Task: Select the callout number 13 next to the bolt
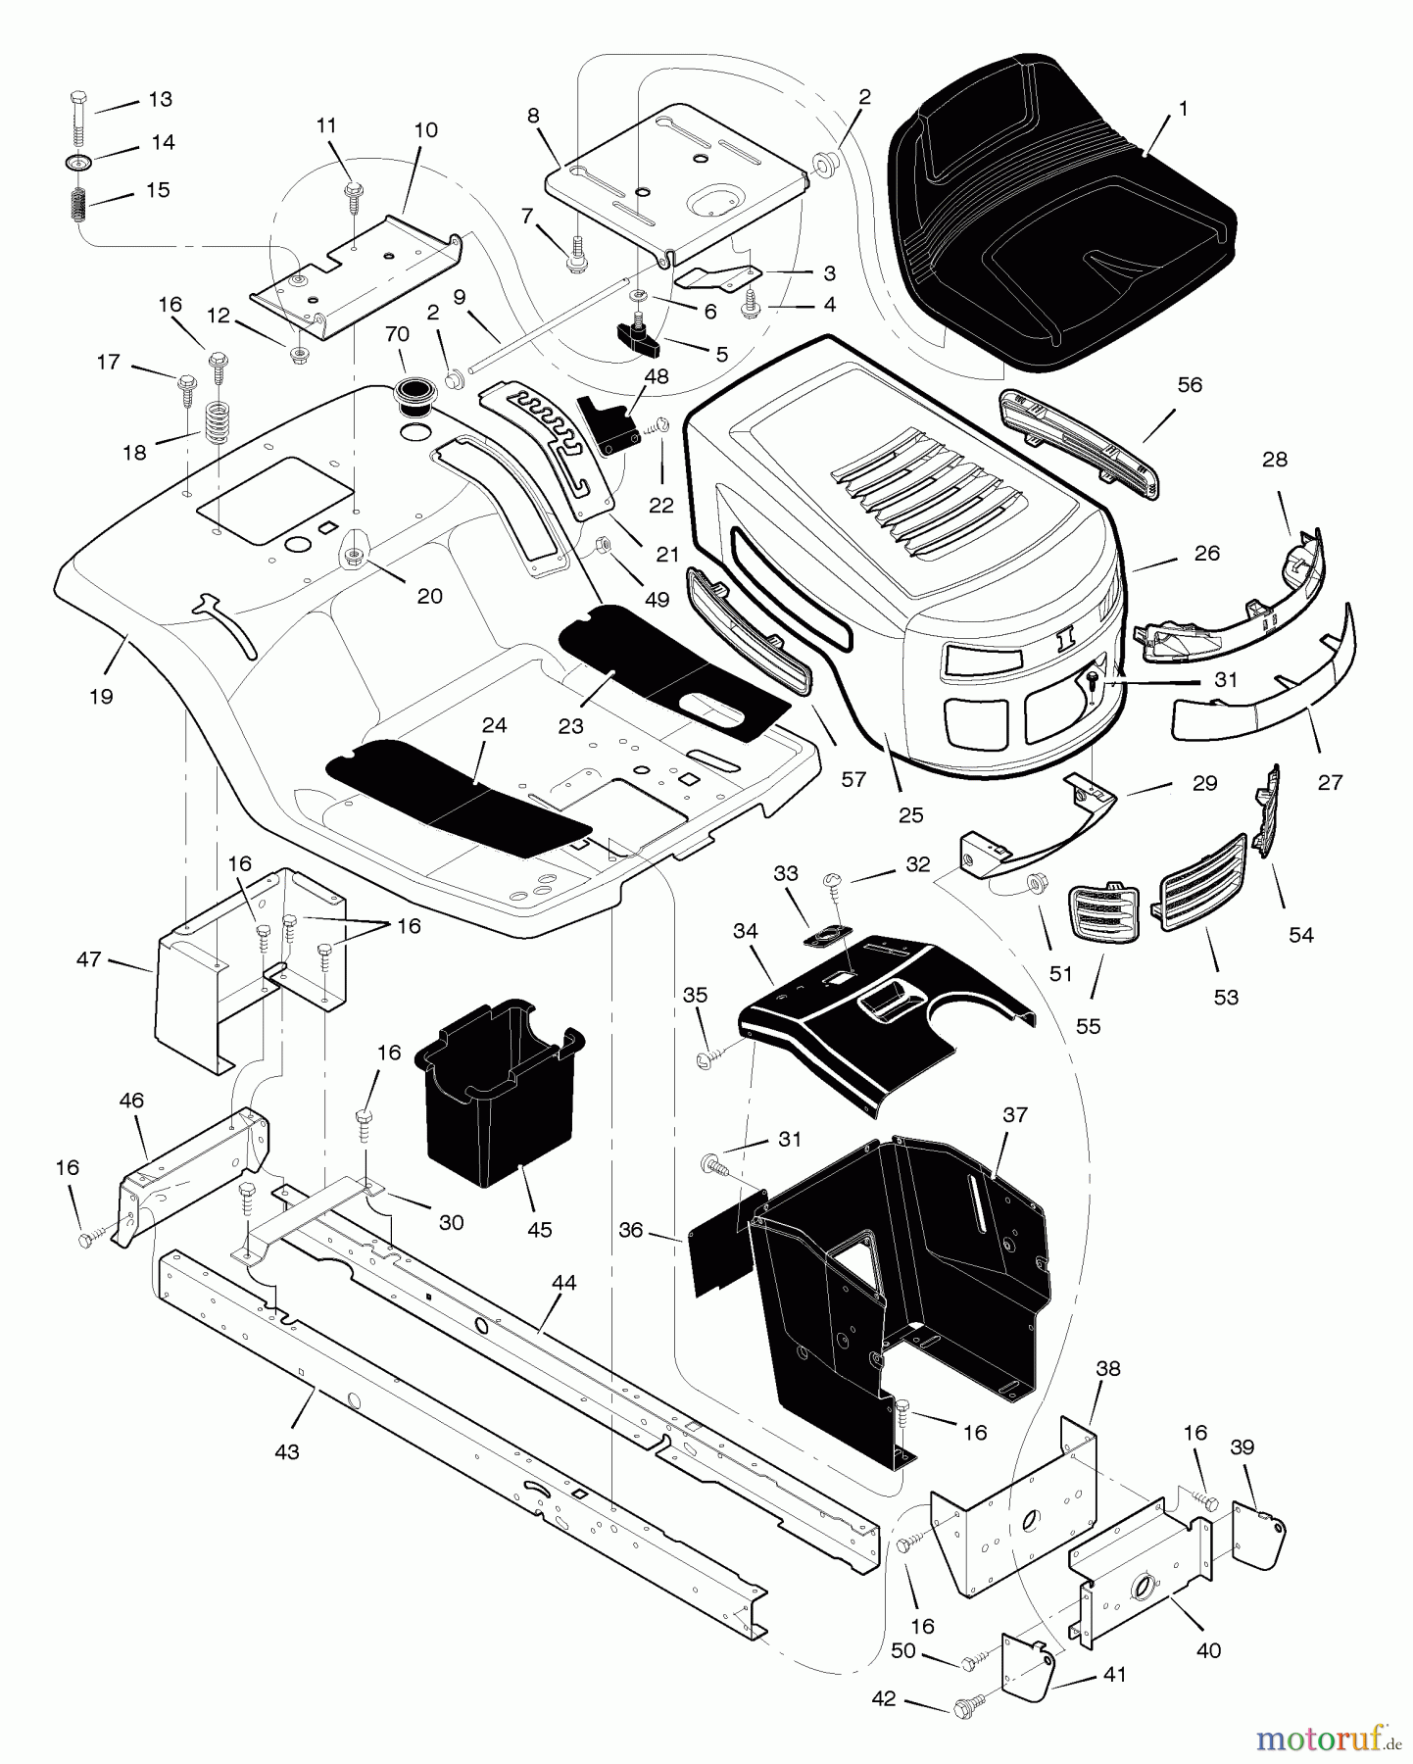tap(160, 99)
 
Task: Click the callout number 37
tap(1015, 1115)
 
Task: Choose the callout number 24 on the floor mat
tap(495, 726)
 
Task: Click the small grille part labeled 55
tap(1104, 913)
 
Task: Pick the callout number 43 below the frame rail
tap(286, 1452)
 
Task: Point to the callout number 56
tap(1189, 385)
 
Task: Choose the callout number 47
tap(89, 959)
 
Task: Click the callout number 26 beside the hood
tap(1207, 553)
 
